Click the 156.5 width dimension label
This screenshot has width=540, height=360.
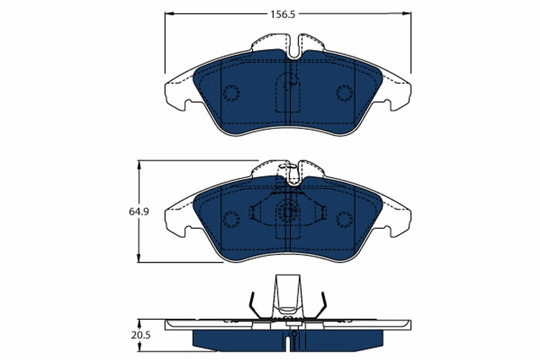[282, 14]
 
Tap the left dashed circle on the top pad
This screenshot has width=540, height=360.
[231, 93]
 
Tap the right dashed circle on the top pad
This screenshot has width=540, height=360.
[344, 93]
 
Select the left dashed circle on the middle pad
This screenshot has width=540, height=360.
[231, 219]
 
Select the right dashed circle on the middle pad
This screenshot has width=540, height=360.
[344, 219]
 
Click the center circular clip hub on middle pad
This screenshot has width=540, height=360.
[288, 211]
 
